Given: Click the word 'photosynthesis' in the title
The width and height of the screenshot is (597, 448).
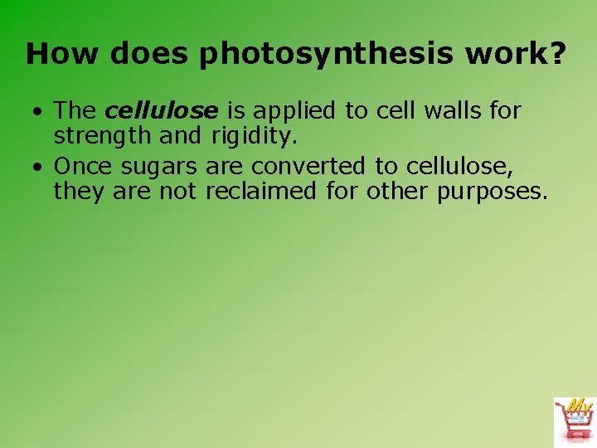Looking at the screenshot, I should (x=326, y=55).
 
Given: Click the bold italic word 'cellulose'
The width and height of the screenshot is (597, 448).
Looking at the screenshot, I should (x=162, y=110).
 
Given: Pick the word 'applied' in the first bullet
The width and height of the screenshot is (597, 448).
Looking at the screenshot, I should (x=291, y=110).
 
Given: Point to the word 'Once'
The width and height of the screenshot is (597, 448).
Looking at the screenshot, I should (x=85, y=167).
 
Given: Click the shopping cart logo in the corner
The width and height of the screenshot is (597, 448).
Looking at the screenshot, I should (x=574, y=420).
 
